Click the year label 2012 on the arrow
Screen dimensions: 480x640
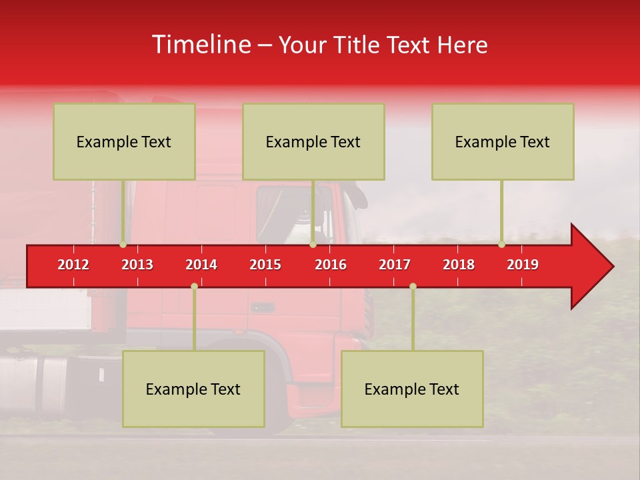click(73, 265)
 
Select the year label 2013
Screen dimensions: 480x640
click(137, 265)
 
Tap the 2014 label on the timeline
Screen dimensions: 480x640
click(201, 265)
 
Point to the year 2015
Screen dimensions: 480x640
click(265, 265)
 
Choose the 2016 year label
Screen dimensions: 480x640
click(331, 265)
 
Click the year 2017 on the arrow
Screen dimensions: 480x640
click(395, 265)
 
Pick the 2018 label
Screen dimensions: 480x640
click(459, 265)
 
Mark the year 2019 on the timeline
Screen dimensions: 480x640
click(523, 265)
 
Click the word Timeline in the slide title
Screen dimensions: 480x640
click(201, 45)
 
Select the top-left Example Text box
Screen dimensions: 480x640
click(124, 141)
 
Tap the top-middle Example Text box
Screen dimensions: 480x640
click(313, 141)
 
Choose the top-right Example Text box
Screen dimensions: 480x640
click(503, 141)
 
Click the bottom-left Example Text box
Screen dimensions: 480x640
click(193, 389)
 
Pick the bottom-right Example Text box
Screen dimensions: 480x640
click(412, 389)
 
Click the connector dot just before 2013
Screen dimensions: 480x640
click(123, 245)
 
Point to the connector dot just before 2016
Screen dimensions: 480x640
click(313, 245)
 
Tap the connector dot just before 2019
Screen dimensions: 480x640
click(501, 245)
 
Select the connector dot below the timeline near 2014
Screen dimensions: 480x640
click(194, 286)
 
